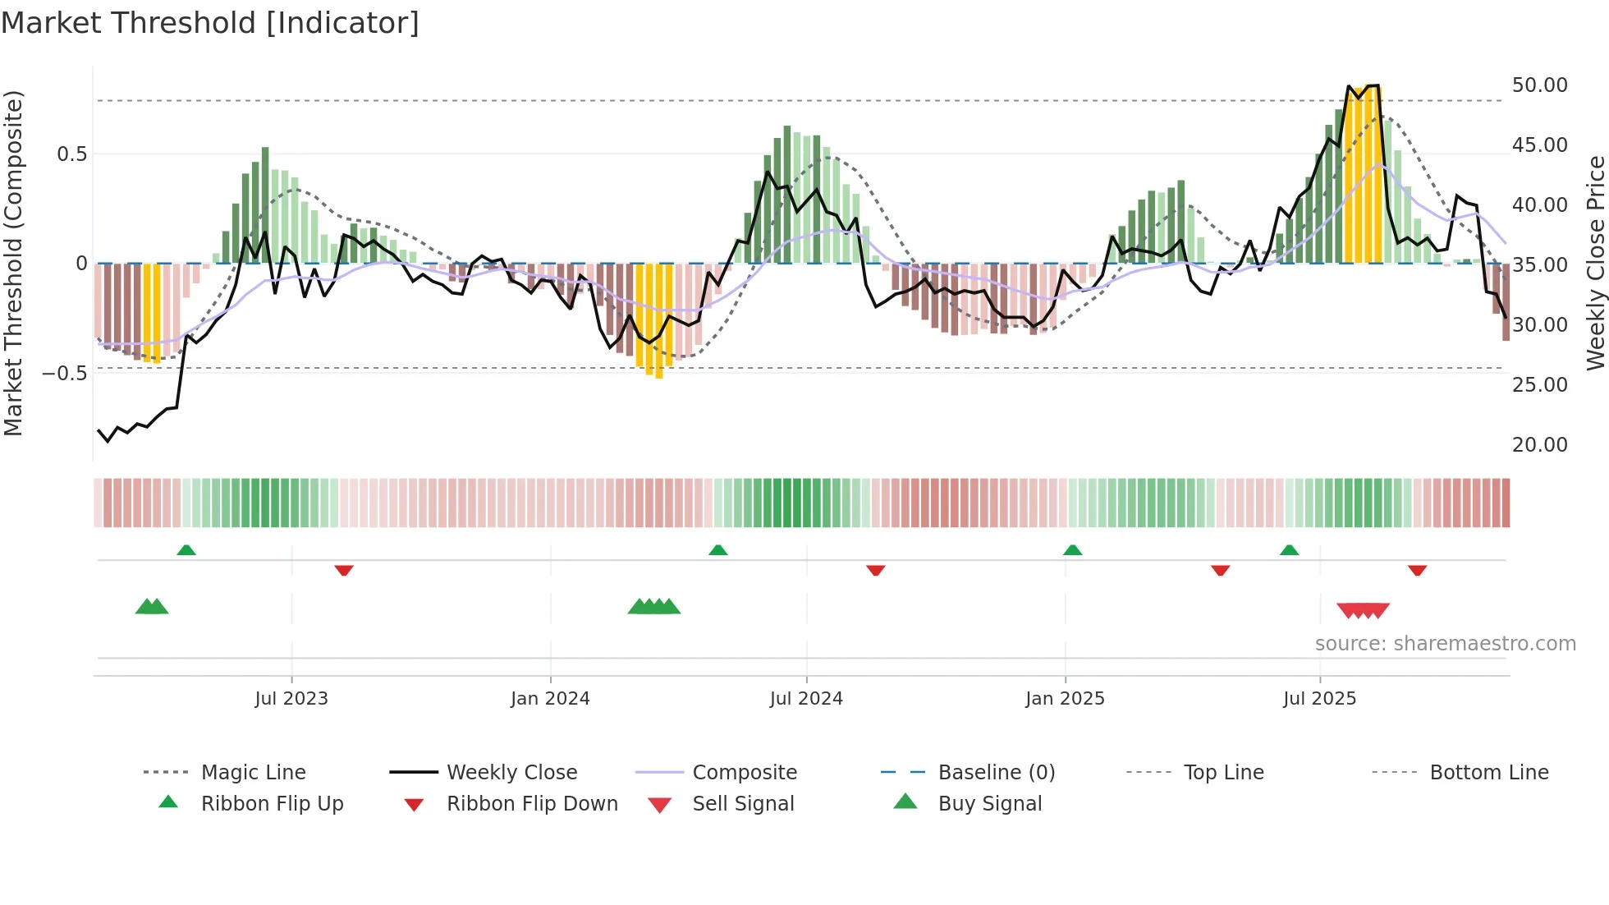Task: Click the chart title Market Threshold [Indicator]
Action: pos(210,23)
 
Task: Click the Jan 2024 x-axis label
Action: pos(550,699)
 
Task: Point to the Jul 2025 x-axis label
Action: pos(1319,699)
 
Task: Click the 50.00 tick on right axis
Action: pos(1539,85)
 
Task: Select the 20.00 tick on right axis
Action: pos(1539,445)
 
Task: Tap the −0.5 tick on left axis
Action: pos(65,374)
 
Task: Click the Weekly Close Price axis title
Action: pos(1595,263)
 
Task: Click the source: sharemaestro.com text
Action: pos(1445,644)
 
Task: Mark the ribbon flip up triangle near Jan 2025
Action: pos(1072,550)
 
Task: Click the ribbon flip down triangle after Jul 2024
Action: pos(875,570)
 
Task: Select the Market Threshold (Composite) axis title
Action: pos(13,263)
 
